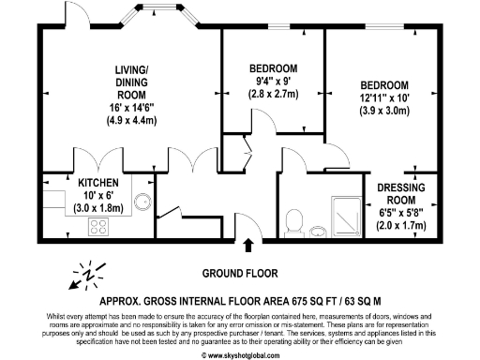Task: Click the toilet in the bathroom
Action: (293, 221)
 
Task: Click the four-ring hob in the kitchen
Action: (98, 225)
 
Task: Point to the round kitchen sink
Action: (142, 200)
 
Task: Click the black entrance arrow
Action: (248, 247)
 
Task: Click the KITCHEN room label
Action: (97, 183)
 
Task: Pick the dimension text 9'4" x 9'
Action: (274, 82)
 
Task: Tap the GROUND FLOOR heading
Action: (240, 274)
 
